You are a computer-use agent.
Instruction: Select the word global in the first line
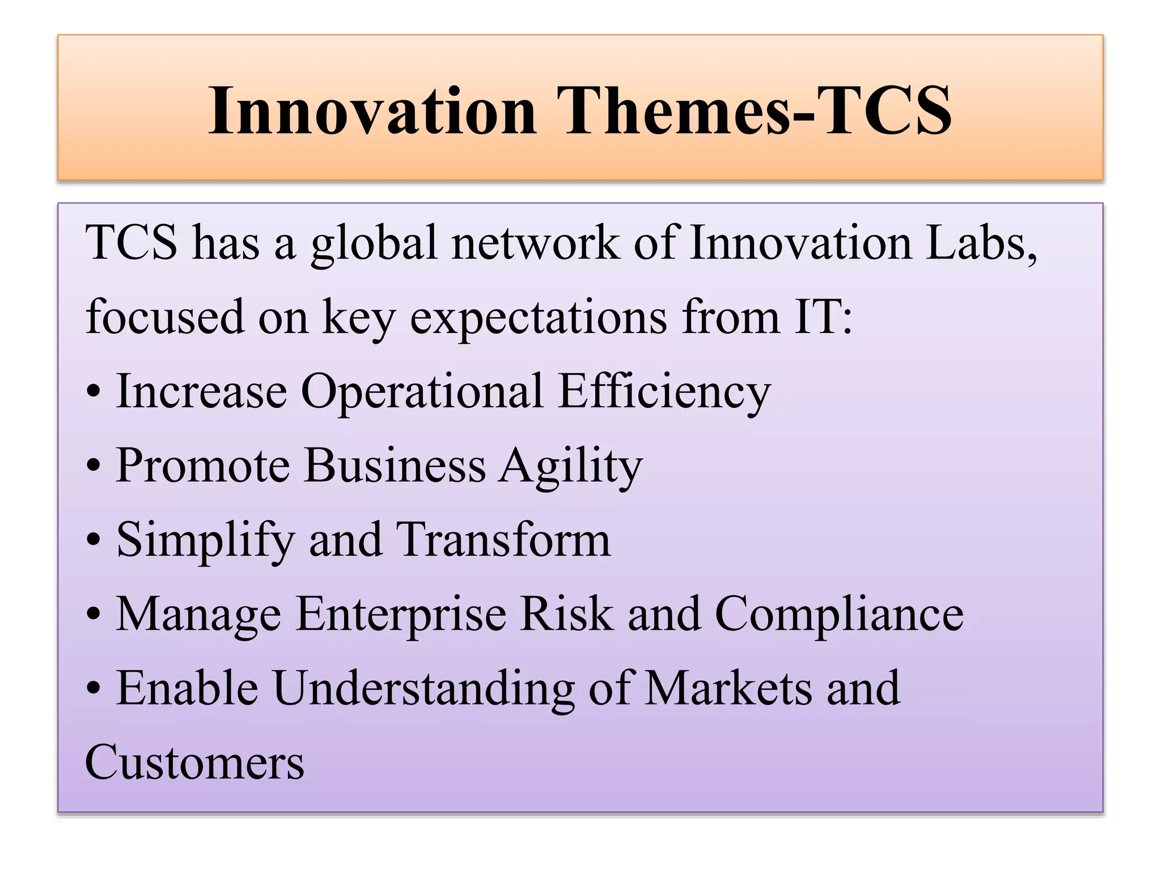point(374,244)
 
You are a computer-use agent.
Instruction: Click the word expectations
point(539,317)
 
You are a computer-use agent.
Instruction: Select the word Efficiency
point(664,392)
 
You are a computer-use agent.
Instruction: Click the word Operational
point(422,392)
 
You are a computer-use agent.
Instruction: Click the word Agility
point(571,466)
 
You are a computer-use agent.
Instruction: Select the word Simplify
point(206,540)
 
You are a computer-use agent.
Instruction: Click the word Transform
point(503,539)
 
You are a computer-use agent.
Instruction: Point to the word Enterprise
point(401,615)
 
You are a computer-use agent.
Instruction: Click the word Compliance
point(839,615)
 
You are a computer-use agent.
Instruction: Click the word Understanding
point(423,689)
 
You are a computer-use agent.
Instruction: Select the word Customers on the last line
point(194,763)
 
